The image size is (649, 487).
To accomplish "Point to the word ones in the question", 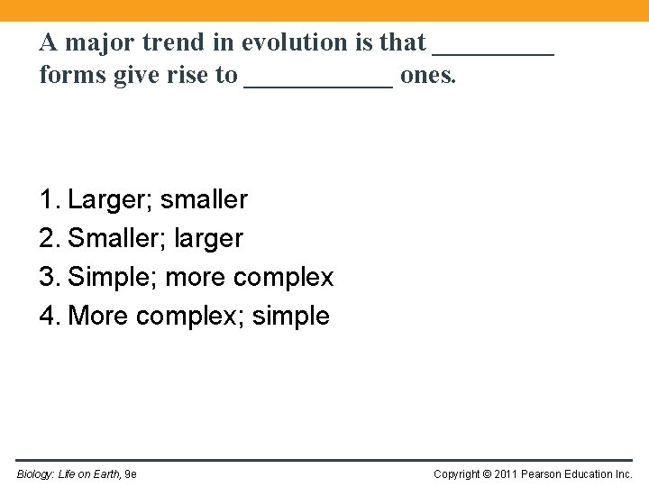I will tap(427, 76).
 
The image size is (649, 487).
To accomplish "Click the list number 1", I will tap(47, 199).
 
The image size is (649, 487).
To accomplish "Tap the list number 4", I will tap(47, 316).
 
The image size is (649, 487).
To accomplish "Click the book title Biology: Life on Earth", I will tap(68, 474).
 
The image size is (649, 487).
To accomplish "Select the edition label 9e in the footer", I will tap(131, 474).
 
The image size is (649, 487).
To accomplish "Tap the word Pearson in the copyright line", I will tap(549, 474).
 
